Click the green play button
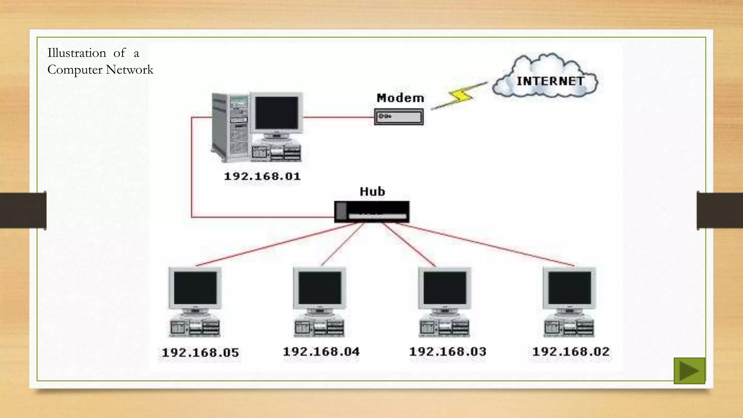689,370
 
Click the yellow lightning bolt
460,95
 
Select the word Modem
400,98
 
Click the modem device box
399,117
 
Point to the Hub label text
372,191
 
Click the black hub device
372,212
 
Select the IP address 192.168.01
262,176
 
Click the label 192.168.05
200,353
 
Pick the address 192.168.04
321,352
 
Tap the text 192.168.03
448,352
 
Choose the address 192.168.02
571,352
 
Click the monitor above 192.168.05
195,288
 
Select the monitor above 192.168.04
320,288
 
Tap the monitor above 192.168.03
445,288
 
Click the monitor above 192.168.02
569,288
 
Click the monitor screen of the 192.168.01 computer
276,113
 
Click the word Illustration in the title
77,53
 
